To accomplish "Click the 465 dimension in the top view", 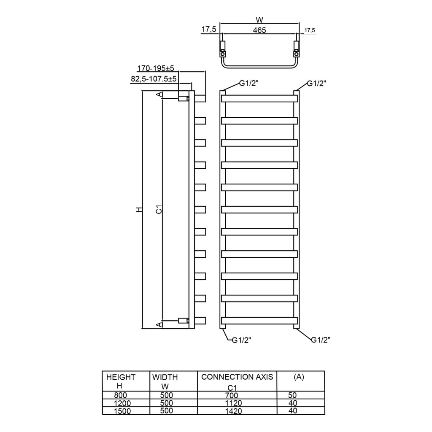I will pos(259,30).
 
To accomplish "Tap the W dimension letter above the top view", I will pos(259,19).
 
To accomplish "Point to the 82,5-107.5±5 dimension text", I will pos(154,78).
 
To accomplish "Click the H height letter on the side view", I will pos(139,210).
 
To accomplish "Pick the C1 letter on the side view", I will pos(159,210).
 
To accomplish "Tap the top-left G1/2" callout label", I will pos(249,84).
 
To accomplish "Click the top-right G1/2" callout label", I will pos(316,84).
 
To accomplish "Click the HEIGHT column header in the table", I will pos(121,377).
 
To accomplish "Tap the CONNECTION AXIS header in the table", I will pos(237,377).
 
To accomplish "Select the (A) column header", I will pos(299,377).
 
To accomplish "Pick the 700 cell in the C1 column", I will pos(232,395).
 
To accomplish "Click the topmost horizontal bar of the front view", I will pos(259,98).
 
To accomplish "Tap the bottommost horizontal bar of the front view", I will pos(259,320).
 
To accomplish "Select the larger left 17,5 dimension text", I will pos(209,29).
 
